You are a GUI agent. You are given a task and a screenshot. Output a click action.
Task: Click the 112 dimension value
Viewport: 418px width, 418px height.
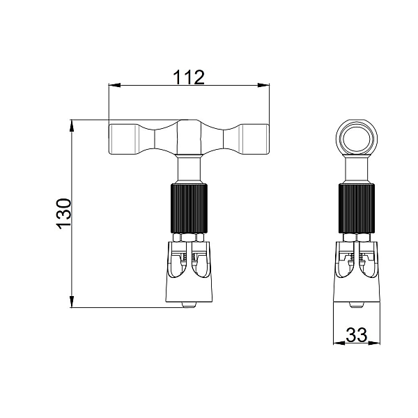click(189, 77)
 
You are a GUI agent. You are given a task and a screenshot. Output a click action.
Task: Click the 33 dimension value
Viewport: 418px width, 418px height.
click(357, 335)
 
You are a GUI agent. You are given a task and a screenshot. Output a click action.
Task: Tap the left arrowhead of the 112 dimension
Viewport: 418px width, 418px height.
click(115, 85)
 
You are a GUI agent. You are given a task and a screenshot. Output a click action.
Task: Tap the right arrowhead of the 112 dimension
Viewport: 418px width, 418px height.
click(263, 85)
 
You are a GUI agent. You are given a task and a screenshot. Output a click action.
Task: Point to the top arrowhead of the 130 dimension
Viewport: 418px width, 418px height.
click(72, 126)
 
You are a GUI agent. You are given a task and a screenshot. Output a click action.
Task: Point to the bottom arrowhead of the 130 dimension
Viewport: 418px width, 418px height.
click(72, 302)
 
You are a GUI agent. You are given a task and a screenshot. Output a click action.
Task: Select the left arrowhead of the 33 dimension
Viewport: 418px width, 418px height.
click(339, 343)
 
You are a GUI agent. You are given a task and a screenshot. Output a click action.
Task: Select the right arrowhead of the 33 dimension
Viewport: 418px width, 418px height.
click(374, 343)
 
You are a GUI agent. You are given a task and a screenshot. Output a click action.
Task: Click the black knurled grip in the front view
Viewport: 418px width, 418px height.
click(189, 208)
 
